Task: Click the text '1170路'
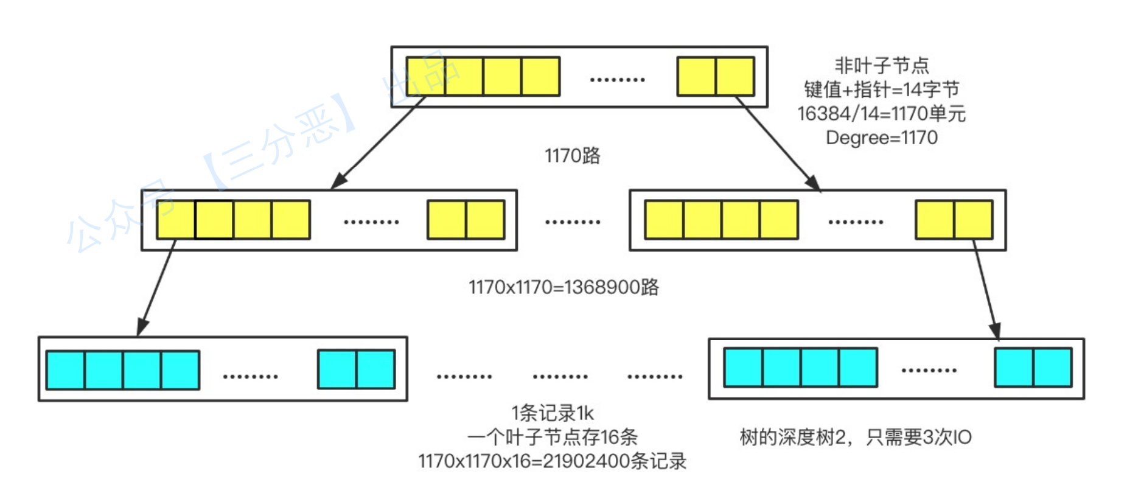(x=572, y=156)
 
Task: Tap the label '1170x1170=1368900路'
(x=563, y=287)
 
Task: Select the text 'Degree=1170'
(x=881, y=138)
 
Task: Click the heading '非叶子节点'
(x=881, y=65)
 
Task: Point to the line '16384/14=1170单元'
(x=881, y=114)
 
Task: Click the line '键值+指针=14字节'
(x=881, y=89)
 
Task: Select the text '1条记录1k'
(x=552, y=413)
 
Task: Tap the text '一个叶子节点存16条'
(x=552, y=437)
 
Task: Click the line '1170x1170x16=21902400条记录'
(x=552, y=461)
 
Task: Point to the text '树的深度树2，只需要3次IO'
(x=855, y=437)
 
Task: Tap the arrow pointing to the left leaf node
(x=157, y=286)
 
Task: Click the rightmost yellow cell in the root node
(x=735, y=77)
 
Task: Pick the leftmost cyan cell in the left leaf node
(x=65, y=370)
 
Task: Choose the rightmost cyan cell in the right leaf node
(x=1052, y=368)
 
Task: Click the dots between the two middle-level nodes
(x=573, y=222)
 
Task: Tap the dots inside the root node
(x=618, y=80)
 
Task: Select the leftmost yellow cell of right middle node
(x=664, y=220)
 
